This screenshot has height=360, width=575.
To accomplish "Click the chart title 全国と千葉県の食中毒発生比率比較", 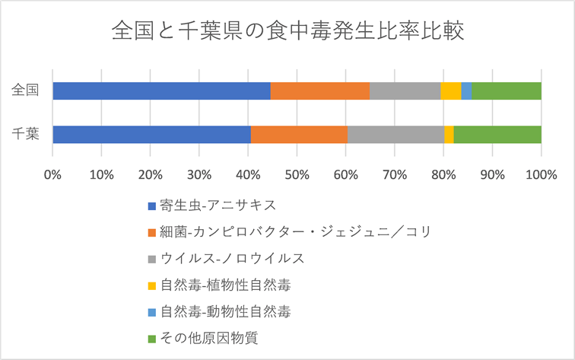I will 287,32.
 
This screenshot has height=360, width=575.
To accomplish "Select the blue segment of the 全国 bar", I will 161,91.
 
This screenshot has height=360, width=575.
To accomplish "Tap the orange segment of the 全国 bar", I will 319,91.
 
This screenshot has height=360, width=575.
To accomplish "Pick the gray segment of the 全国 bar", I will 405,91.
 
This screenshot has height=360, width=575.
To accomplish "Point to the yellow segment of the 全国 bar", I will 451,91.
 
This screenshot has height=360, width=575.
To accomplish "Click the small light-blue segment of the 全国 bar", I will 466,91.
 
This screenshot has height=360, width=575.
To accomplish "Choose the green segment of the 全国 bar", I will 506,91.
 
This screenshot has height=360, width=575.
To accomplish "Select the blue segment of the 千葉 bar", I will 151,134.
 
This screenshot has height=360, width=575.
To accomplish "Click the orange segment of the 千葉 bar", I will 299,134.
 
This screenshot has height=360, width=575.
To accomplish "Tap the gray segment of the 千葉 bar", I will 396,134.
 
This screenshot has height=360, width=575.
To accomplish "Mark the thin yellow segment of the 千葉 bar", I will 449,134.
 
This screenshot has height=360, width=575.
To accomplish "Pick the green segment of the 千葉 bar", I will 497,134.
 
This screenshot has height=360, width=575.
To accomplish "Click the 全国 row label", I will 25,91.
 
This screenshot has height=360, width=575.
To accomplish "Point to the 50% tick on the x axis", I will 297,174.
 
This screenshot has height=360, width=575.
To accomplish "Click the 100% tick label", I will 541,174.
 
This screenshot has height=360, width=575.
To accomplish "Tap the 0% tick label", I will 52,174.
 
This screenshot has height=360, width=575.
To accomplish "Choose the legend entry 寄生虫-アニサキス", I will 211,205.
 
